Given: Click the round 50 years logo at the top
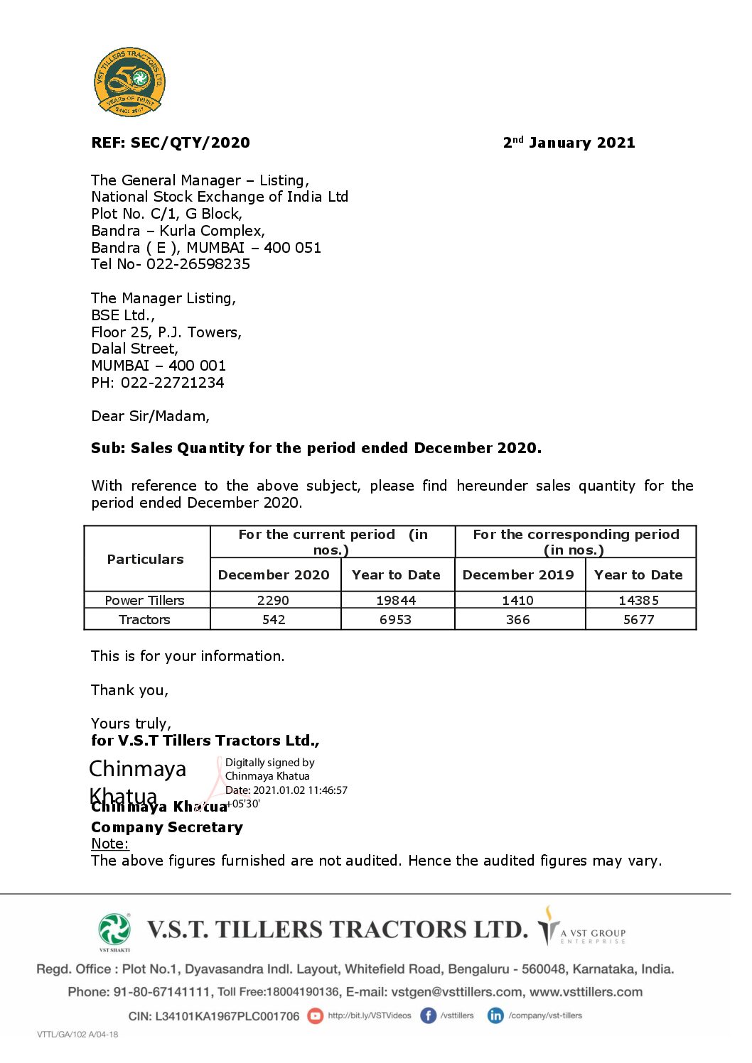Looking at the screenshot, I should coord(129,82).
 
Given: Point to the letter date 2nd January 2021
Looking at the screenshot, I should coord(569,143).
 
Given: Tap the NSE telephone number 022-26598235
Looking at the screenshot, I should coord(198,264).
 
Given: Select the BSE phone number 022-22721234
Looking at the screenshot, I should coord(172,383).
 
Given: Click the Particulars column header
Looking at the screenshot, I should coord(146,560).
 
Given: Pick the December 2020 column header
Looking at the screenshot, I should coord(274,575).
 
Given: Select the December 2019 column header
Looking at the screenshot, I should coord(518,575).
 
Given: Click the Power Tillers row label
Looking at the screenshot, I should coord(144,601).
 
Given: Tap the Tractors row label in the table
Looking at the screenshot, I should coord(144,620).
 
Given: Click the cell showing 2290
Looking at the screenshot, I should coord(274,601).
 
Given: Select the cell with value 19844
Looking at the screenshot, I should coord(396,601).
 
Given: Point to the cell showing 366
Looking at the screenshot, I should coord(518,620).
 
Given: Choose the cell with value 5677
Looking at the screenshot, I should coord(639,620).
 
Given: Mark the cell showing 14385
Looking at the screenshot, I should coord(639,601).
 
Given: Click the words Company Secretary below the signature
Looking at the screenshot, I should coord(167,827).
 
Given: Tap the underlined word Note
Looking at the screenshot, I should coord(109,844).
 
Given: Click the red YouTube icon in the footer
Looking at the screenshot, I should coord(315,1016).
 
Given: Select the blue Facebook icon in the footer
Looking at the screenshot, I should coord(428,1016).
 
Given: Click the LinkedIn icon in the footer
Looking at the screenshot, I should coord(495,1016).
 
